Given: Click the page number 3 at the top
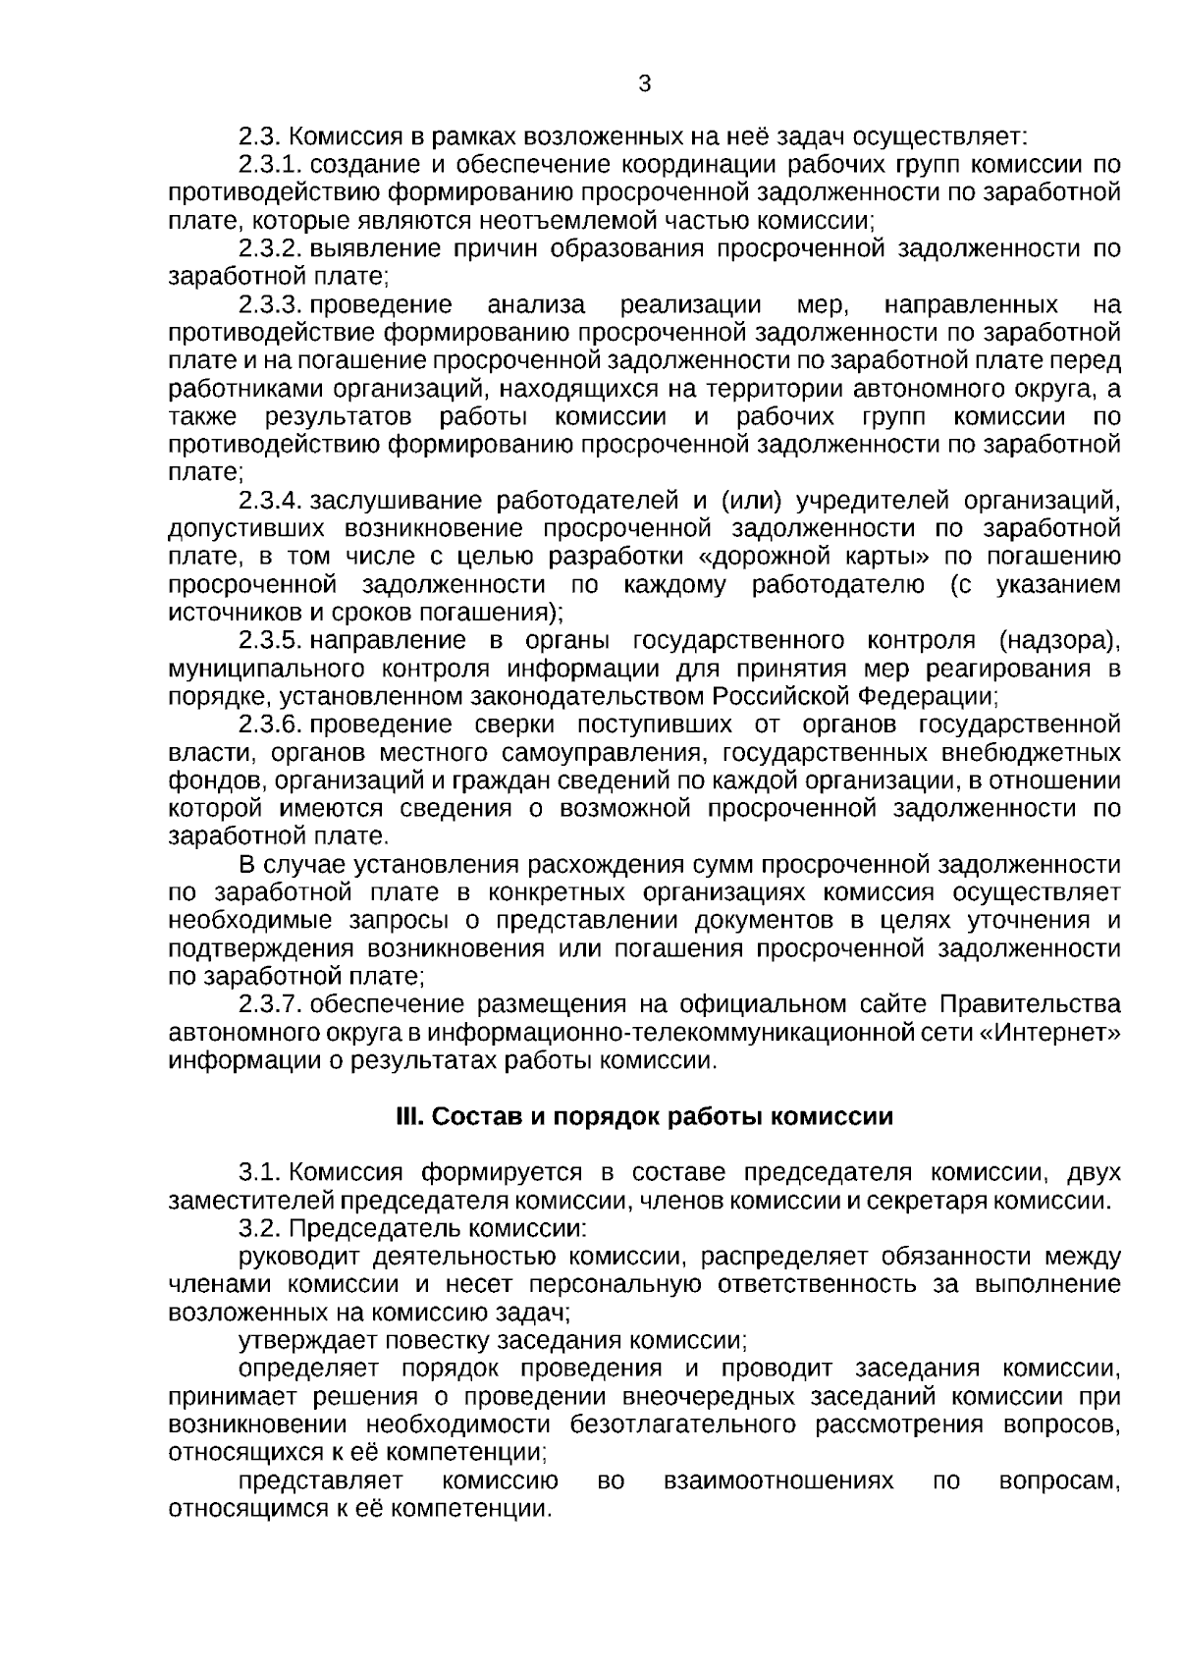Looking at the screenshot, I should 644,84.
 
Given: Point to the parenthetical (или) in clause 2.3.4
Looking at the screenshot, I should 751,502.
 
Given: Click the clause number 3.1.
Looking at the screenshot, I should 260,1173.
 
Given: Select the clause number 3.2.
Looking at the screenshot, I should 260,1229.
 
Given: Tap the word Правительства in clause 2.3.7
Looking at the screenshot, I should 1030,1005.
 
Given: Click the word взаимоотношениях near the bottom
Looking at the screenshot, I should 778,1480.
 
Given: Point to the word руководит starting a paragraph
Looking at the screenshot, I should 300,1258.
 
